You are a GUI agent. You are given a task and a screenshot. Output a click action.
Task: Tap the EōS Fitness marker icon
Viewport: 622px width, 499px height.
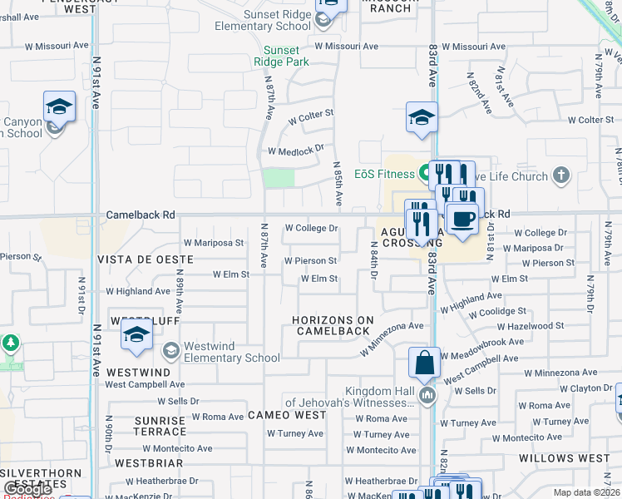[425, 174]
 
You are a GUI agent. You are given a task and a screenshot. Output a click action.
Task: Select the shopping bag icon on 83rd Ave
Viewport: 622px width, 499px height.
[424, 363]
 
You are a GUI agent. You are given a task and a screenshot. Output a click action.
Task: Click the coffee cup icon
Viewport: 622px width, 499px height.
[462, 219]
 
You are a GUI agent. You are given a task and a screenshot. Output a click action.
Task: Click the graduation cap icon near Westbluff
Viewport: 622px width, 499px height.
[137, 335]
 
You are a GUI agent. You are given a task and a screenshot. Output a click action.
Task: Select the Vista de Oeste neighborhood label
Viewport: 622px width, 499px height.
[145, 259]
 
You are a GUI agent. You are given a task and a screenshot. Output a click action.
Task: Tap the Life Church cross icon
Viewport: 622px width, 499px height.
[562, 175]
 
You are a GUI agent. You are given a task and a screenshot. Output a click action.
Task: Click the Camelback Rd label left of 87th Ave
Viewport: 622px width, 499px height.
[141, 215]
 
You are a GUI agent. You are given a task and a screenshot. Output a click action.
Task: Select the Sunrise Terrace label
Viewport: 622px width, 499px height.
[161, 427]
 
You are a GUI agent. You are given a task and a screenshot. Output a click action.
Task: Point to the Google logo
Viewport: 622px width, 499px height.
[27, 489]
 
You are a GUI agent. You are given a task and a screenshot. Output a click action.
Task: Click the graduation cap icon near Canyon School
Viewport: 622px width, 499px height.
[60, 106]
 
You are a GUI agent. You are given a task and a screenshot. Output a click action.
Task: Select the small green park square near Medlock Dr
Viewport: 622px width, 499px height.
[279, 178]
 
